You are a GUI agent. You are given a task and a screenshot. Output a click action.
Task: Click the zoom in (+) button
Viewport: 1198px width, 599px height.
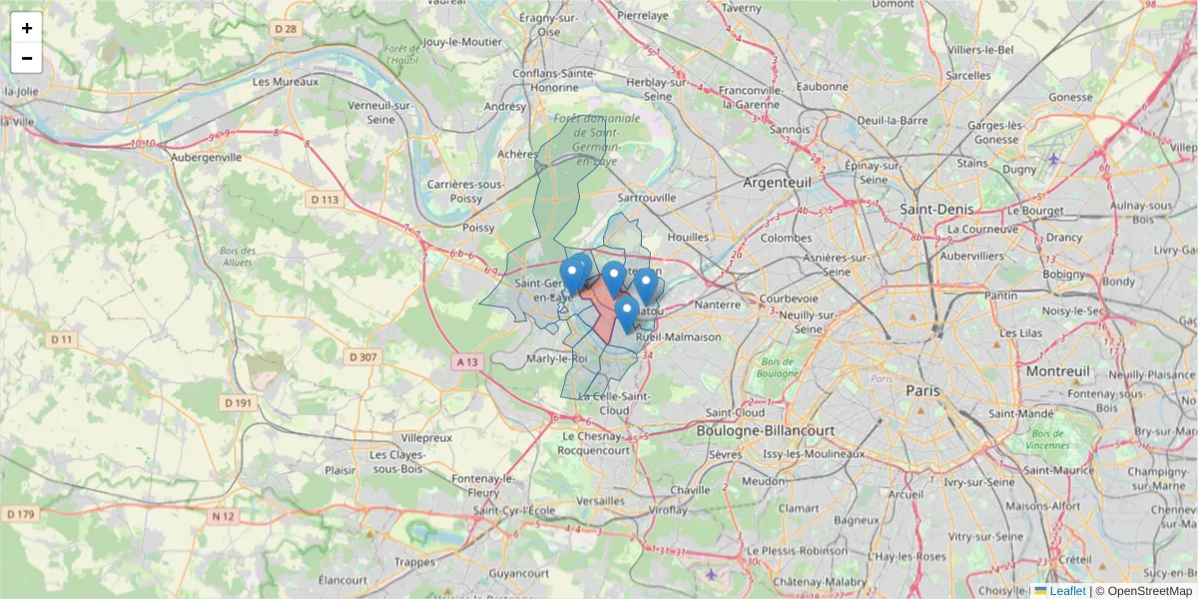(26, 28)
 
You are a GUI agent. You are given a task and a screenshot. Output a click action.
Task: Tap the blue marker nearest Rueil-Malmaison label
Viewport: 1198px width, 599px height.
(627, 314)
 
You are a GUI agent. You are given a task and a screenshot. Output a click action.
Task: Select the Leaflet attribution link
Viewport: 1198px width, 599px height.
(1067, 591)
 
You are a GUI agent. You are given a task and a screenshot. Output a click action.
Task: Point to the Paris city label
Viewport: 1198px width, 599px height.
(923, 391)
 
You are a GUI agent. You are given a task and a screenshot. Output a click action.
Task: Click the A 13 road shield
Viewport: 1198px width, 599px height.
(464, 361)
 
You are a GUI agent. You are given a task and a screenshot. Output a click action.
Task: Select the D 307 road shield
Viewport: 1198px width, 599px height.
(363, 356)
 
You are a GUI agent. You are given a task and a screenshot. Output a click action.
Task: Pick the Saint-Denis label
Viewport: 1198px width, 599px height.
(937, 210)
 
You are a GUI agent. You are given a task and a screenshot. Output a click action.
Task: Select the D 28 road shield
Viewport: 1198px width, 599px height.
(286, 29)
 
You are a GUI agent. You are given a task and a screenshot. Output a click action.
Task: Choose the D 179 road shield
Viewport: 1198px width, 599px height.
(20, 514)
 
